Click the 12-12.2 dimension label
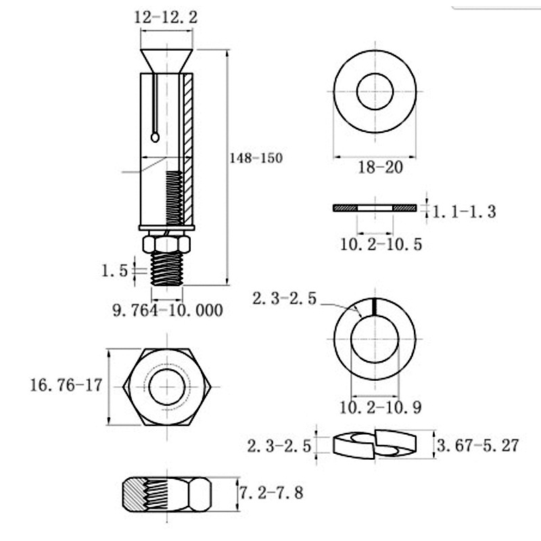166,18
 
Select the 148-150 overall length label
256,158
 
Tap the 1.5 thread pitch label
114,270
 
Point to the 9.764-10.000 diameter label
168,310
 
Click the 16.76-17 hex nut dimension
66,385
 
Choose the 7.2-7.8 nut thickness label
271,493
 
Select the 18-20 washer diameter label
381,167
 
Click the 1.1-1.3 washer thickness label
464,212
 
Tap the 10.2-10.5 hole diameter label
381,244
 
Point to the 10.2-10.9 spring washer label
381,407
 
